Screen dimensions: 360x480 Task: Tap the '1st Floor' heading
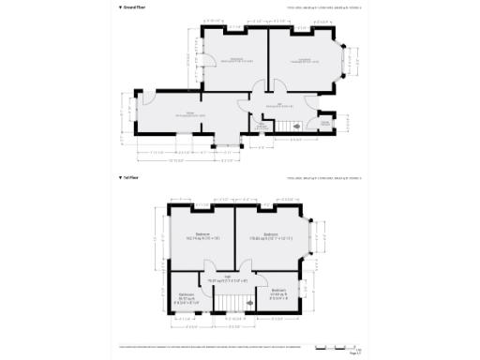click(x=131, y=176)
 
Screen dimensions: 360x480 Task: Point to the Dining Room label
click(x=235, y=61)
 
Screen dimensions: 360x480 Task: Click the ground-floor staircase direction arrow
click(x=294, y=126)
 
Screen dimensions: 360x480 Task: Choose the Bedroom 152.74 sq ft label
click(x=202, y=235)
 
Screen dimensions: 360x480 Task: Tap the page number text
click(x=354, y=353)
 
